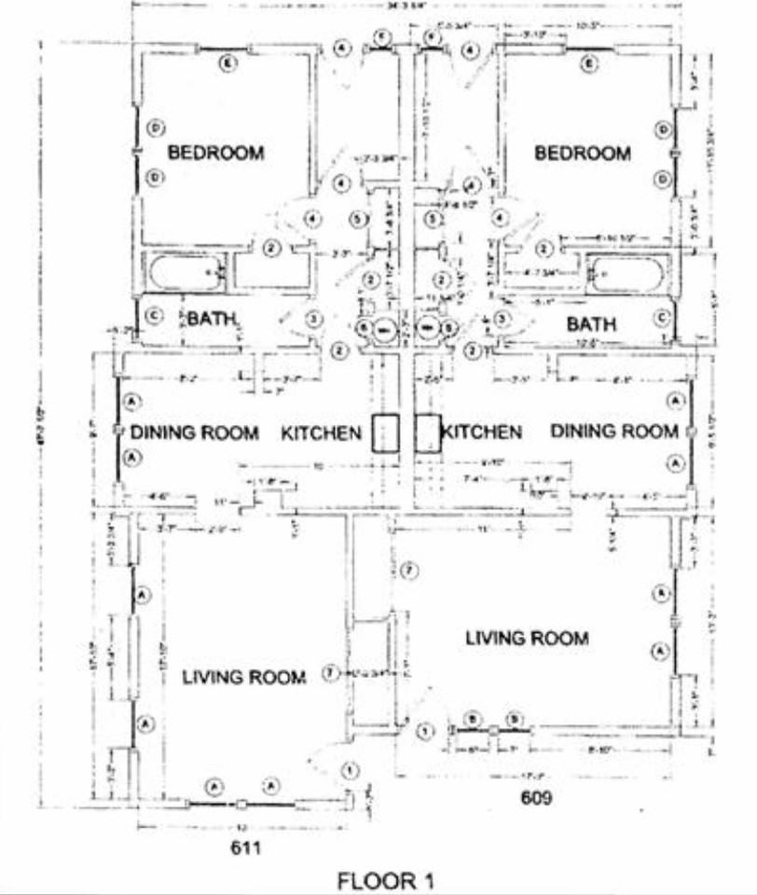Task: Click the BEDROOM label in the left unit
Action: (x=215, y=153)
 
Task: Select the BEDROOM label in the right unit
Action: (x=582, y=153)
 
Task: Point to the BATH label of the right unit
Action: (x=591, y=324)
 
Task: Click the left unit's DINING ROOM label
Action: (x=194, y=433)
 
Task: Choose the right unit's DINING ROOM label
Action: (x=614, y=432)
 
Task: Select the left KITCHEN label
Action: (x=321, y=433)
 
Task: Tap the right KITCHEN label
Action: (x=481, y=433)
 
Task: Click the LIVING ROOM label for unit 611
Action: (x=243, y=677)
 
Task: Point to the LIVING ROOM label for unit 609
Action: (x=527, y=639)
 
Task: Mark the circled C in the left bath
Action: (x=155, y=316)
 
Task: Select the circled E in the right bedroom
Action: (x=588, y=64)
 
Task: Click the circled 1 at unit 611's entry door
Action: (x=350, y=771)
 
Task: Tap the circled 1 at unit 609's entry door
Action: (x=426, y=731)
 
